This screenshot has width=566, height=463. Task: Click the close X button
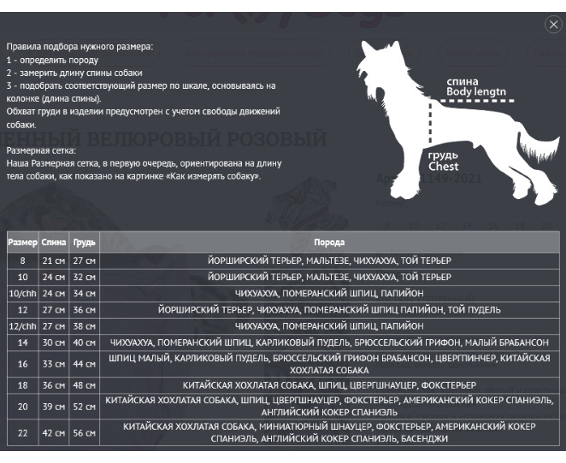click(552, 25)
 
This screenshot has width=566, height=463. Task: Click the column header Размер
click(23, 243)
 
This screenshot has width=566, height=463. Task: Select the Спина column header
click(54, 243)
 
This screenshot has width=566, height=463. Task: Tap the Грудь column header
click(84, 243)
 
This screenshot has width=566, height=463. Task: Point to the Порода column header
click(329, 243)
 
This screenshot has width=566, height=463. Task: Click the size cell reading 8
click(23, 260)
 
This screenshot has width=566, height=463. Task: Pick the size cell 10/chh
click(23, 293)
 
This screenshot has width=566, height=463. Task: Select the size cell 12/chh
click(23, 325)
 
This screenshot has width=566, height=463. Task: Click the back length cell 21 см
click(54, 260)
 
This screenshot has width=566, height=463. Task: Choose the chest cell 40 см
click(84, 342)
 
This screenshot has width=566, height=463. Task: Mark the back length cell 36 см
click(54, 385)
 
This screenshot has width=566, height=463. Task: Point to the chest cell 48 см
click(84, 385)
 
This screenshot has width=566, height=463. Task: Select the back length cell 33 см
click(54, 364)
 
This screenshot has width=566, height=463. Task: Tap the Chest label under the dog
click(444, 167)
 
